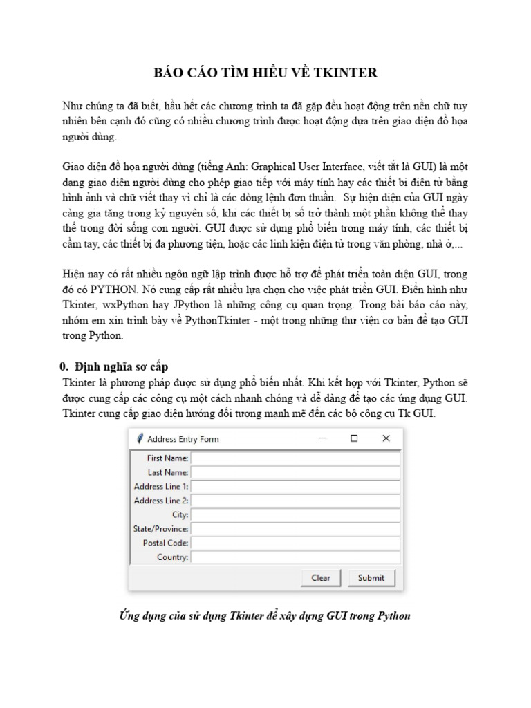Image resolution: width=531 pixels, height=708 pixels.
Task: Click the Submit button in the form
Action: click(x=371, y=578)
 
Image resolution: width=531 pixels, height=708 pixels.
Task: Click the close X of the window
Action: click(x=386, y=438)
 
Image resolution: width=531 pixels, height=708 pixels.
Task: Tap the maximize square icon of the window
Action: click(x=354, y=438)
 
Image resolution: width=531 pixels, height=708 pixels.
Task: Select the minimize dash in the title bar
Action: click(x=322, y=438)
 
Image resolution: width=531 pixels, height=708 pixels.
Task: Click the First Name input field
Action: click(x=295, y=458)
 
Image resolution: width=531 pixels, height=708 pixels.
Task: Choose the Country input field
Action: click(x=295, y=557)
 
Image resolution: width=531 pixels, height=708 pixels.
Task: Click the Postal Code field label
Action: click(x=165, y=543)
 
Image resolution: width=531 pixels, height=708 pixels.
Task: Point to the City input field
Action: click(x=295, y=515)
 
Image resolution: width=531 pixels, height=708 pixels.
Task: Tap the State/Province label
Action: click(x=160, y=529)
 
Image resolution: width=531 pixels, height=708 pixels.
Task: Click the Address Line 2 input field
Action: click(x=295, y=501)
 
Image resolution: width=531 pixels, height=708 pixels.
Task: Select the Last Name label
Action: click(x=167, y=472)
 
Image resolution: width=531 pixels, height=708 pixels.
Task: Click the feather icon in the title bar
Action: click(x=139, y=438)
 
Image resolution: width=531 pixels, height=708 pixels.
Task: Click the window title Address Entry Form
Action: click(x=183, y=439)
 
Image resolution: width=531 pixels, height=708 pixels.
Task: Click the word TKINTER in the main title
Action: click(x=344, y=73)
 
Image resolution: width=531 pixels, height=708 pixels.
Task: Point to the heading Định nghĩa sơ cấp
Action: click(x=121, y=366)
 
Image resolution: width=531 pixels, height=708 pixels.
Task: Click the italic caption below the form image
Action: click(x=265, y=615)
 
